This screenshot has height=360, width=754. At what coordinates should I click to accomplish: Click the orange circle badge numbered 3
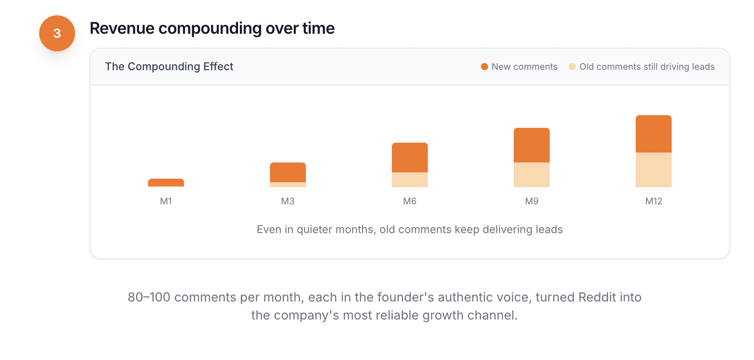tap(57, 33)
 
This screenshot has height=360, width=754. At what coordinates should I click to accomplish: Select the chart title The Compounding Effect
tap(169, 67)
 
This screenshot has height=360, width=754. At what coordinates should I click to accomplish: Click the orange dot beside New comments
tap(485, 67)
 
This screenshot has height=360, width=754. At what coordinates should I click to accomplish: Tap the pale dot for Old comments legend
tap(572, 67)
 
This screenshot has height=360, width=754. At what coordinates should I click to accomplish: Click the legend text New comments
tap(525, 67)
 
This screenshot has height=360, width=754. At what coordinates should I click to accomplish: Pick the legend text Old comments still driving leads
tap(647, 67)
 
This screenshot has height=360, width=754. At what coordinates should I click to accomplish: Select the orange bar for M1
tap(166, 182)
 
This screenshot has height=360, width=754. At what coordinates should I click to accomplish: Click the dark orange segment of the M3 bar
tap(288, 172)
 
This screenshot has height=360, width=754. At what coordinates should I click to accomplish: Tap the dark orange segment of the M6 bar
tap(410, 157)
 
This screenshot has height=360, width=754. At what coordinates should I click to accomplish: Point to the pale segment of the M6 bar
tap(410, 180)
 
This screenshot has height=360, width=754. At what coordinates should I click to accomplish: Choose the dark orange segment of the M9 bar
tap(532, 145)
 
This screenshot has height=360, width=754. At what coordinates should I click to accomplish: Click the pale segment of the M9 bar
tap(532, 175)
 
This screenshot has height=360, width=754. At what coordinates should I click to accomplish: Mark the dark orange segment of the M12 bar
tap(654, 134)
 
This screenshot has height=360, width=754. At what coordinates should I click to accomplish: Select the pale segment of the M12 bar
tap(654, 170)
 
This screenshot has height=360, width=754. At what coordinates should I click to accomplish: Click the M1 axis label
tap(166, 201)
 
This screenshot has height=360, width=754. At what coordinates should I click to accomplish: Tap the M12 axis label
tap(654, 201)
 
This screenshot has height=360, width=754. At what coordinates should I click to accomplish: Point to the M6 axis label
tap(410, 201)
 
